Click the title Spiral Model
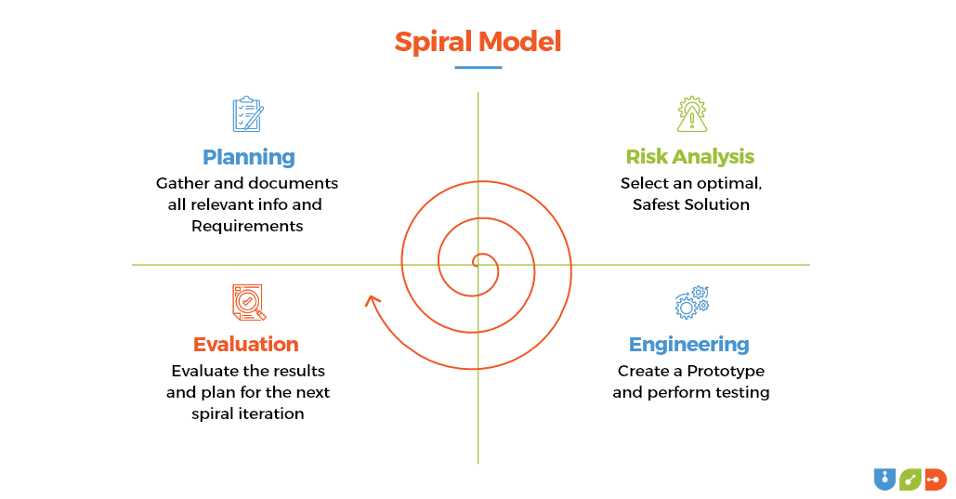478,42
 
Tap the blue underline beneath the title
478,67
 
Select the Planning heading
248,157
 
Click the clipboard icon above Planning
247,114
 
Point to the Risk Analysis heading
689,156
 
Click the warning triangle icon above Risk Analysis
691,114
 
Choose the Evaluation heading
245,344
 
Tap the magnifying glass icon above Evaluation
248,303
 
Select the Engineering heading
688,344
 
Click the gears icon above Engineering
691,303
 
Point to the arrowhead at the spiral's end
372,300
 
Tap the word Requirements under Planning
247,226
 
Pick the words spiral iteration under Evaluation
247,414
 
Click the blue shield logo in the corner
884,479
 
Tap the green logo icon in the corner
910,479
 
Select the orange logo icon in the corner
935,479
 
